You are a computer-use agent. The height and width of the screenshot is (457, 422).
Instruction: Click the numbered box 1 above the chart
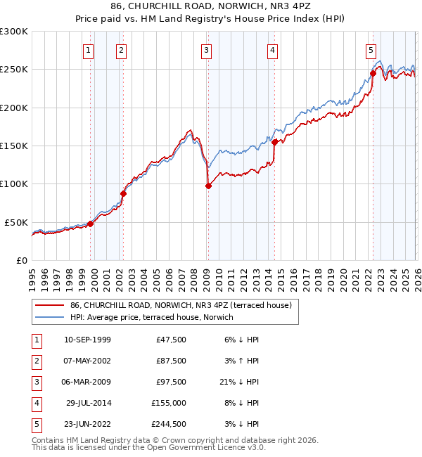(x=89, y=50)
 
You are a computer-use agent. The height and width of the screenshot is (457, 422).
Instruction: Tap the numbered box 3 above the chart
(x=206, y=50)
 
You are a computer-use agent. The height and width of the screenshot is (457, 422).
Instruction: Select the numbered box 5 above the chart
(x=371, y=50)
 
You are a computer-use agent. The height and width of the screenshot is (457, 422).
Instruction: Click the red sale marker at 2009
(x=208, y=186)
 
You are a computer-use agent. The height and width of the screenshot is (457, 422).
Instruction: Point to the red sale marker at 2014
(x=274, y=142)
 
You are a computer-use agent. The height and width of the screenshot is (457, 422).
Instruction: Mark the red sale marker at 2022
(x=373, y=73)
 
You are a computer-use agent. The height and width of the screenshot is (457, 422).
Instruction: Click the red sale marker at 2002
(x=123, y=193)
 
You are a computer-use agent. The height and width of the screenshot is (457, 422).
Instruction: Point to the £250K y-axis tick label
(x=14, y=70)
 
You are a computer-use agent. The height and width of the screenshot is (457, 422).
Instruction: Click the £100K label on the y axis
(x=14, y=184)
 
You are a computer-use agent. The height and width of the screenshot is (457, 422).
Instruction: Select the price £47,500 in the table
(x=169, y=339)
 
